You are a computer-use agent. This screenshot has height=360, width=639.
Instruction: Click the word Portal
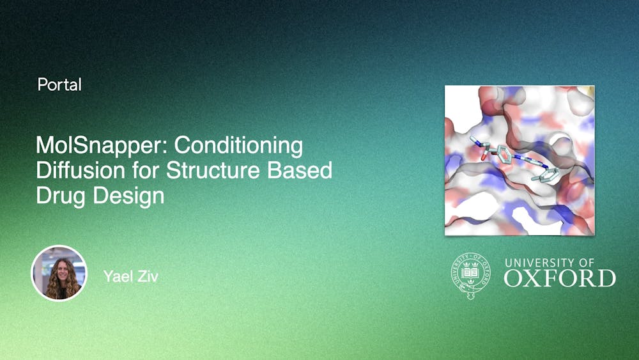pos(59,84)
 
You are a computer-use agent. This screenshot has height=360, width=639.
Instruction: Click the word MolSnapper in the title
pos(102,146)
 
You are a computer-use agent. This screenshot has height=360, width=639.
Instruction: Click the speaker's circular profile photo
pos(59,273)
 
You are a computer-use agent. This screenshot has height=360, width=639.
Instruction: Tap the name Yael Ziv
pos(130,276)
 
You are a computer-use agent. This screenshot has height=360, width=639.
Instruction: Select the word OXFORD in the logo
pos(560,278)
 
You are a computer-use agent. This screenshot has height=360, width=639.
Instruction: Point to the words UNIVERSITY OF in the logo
pos(550,262)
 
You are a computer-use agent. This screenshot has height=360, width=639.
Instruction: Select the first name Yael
pos(118,276)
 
